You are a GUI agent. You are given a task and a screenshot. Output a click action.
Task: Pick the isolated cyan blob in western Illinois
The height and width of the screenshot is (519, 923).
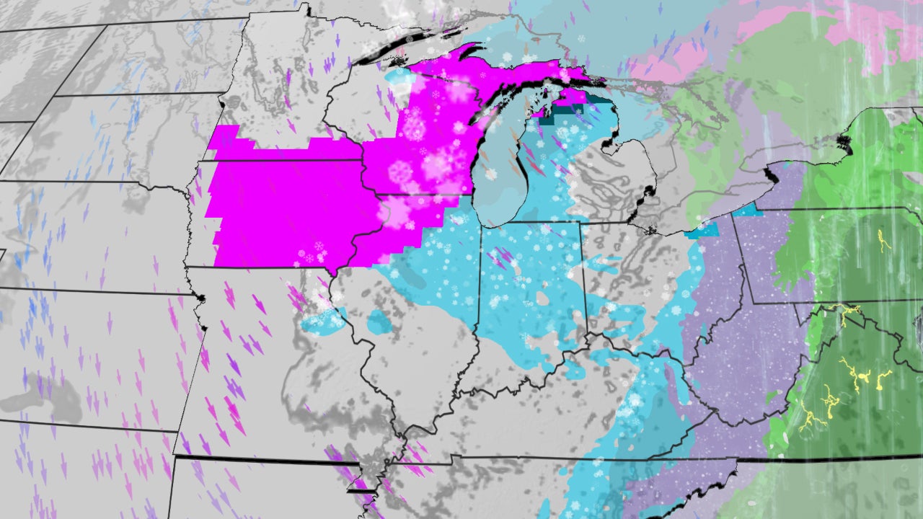pyautogui.click(x=379, y=321)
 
